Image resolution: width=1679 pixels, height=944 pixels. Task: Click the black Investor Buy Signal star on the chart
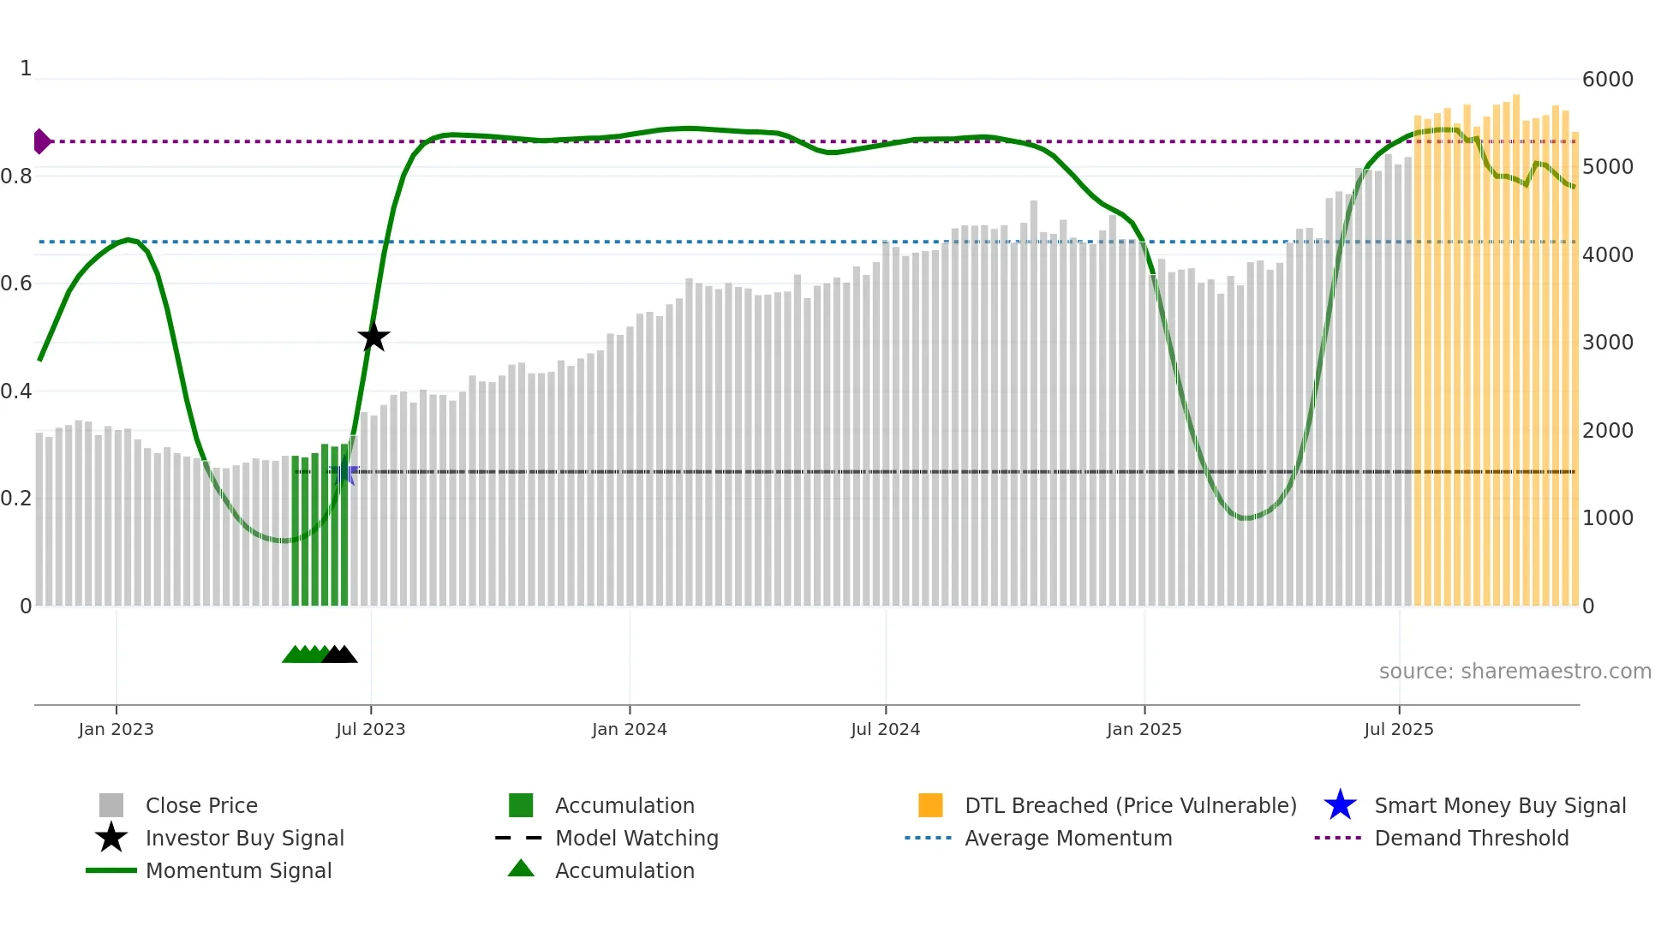(373, 337)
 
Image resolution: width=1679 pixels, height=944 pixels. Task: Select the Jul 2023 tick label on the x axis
(370, 729)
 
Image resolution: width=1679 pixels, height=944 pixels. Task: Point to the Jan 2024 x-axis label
(629, 729)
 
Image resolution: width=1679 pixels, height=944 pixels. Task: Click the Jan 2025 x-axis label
(1144, 729)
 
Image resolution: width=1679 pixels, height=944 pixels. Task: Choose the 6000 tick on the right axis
(1607, 80)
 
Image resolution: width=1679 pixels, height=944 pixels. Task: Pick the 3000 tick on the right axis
(1607, 343)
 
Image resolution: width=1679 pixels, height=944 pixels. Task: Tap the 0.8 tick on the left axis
(17, 176)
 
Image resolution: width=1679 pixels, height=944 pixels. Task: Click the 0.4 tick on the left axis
(17, 391)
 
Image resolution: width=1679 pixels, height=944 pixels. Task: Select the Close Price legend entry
(201, 805)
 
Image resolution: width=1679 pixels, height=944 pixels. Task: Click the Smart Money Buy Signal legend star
(1340, 805)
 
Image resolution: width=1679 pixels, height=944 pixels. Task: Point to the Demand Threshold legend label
(1471, 838)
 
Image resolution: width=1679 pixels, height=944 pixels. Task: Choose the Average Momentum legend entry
(1067, 838)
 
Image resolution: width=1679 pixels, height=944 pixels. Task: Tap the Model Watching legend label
(636, 838)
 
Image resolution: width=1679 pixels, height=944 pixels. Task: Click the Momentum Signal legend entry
(238, 870)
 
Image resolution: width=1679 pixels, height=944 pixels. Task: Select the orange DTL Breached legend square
(930, 805)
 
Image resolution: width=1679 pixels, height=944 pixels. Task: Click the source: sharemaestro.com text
(1515, 672)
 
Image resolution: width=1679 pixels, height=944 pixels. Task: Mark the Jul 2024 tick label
(885, 729)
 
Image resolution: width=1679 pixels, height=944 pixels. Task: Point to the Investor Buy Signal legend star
(111, 838)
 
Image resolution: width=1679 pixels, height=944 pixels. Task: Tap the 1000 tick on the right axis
(1607, 518)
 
